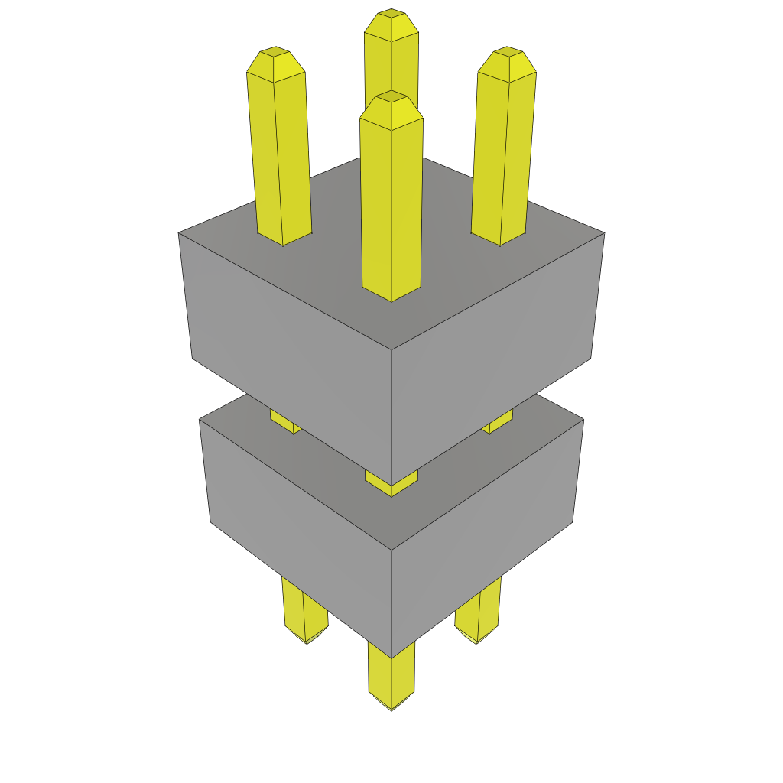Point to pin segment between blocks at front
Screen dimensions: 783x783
click(391, 484)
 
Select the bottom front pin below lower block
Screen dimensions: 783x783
click(391, 677)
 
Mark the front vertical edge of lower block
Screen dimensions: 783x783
click(391, 604)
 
